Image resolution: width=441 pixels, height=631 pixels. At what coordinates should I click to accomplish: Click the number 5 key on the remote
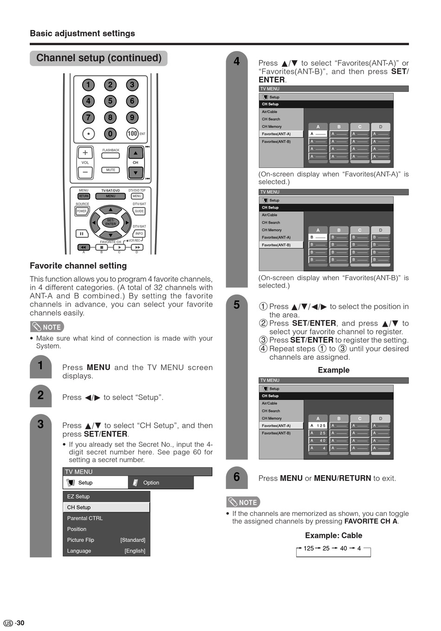pos(110,101)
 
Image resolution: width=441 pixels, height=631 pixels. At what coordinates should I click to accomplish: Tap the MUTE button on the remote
pos(110,170)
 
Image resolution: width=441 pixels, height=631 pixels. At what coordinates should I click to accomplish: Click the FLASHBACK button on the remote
pos(110,155)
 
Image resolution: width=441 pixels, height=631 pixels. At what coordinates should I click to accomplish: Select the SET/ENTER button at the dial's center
pos(110,222)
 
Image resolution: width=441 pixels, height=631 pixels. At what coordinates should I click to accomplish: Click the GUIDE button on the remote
pos(139,211)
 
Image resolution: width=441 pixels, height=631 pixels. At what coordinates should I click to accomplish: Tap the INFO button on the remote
pos(139,233)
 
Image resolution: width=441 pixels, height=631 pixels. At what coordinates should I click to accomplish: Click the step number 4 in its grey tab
pos(237,62)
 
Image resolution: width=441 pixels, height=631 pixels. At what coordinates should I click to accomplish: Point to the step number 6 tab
pos(237,477)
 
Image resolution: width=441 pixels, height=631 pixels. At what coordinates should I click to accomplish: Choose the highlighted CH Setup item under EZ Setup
pos(106,507)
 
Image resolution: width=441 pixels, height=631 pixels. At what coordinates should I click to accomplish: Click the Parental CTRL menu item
pos(85,518)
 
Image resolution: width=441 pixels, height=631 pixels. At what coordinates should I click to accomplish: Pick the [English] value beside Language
pos(135,551)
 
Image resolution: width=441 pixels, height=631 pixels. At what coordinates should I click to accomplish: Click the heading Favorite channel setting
pos(78,266)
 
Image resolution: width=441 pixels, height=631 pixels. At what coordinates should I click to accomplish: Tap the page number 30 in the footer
pos(20,623)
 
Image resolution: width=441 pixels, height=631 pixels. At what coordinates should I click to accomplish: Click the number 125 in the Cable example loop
pos(309,548)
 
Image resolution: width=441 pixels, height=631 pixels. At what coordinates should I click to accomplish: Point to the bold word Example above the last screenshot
pos(333,370)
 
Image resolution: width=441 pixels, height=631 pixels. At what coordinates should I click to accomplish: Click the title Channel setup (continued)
pos(99,58)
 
